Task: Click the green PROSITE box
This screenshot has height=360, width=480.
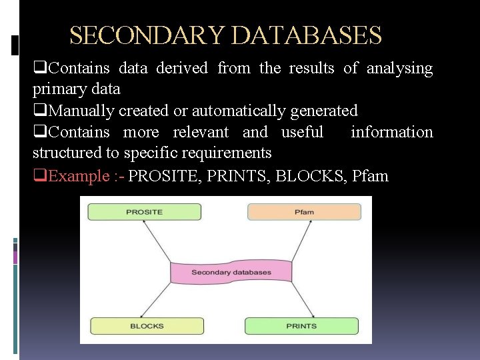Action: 145,212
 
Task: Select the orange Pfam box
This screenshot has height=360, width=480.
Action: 304,212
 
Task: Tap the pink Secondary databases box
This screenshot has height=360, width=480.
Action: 231,272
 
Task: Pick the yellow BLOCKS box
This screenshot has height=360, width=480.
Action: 147,326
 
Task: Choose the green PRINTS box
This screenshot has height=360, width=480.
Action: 301,326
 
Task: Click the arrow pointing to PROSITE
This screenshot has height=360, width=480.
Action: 156,243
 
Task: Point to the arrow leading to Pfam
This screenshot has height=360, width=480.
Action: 303,241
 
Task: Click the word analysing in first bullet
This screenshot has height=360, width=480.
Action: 400,68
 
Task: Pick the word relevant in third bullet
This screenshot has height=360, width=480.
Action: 201,132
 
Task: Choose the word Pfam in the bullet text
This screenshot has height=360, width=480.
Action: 371,176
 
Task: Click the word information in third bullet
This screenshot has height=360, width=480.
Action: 392,132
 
